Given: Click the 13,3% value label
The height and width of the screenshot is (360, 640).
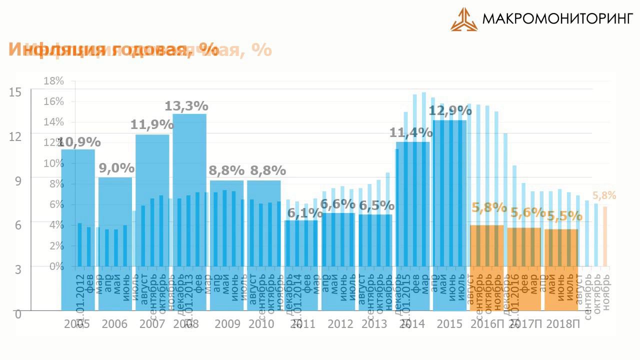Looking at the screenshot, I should coord(186,106).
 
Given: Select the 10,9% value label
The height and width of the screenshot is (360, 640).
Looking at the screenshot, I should coord(78,142).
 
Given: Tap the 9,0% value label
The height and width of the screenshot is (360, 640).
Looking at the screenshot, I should coord(116,168).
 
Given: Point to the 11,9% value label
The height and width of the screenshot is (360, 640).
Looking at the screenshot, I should coord(152,124).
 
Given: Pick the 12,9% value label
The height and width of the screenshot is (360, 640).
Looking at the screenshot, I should coord(450,111).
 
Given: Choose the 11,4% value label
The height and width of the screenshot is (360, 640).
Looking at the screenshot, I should coord(411,133).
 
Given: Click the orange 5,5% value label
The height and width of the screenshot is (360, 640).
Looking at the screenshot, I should coord(564,216).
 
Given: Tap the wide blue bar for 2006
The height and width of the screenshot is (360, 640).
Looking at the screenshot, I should coord(115,245).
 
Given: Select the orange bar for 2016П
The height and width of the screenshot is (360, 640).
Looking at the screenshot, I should coord(486,267).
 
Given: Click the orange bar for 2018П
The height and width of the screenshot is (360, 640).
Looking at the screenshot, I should coord(561,270).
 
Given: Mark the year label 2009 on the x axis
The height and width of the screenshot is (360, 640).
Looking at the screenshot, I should coord(227,324).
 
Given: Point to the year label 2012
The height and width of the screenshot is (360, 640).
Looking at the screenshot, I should coord(340,324).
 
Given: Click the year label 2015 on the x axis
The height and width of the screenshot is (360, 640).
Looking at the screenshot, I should coord(449,324).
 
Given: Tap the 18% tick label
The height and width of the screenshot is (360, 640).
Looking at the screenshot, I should coord(54,81).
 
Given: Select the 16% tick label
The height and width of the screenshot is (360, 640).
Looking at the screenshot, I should coord(54,101).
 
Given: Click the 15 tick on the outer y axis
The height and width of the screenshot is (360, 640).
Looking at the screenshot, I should coord(15,92).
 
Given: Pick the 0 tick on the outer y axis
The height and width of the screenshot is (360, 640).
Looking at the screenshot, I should coord(18,314).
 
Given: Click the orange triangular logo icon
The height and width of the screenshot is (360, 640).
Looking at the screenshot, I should coord(463,19).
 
